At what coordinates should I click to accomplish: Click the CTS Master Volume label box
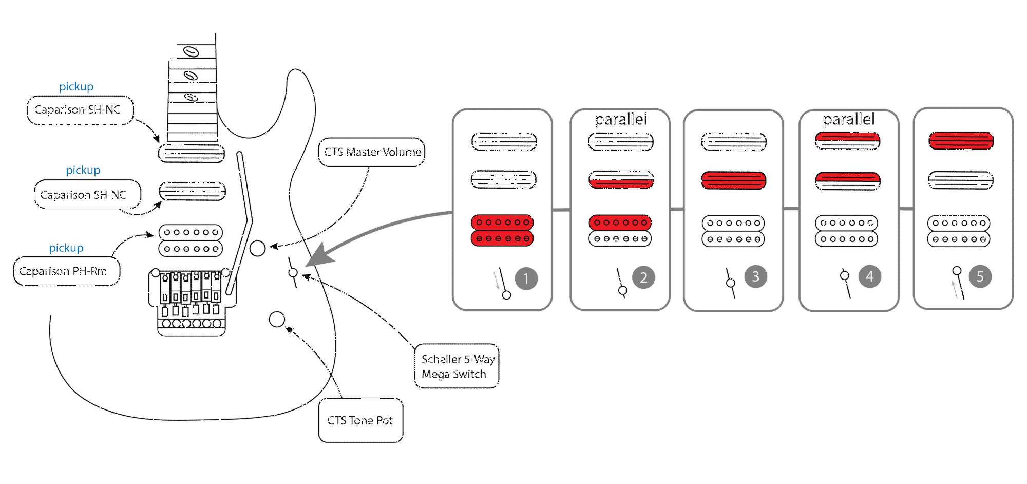(x=371, y=152)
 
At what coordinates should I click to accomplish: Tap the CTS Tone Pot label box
(x=360, y=420)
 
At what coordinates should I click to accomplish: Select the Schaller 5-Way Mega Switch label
(x=457, y=366)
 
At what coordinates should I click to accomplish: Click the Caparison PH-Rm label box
(x=66, y=271)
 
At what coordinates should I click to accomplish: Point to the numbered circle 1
(x=526, y=278)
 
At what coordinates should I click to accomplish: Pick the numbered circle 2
(x=643, y=277)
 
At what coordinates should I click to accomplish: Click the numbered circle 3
(x=755, y=276)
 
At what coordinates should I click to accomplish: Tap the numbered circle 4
(x=869, y=276)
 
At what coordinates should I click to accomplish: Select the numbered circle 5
(x=980, y=276)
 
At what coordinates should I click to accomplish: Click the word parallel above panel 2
(x=620, y=120)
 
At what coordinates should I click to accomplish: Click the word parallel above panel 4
(x=848, y=120)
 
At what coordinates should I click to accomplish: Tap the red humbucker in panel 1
(x=502, y=231)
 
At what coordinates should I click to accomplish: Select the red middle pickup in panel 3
(x=733, y=180)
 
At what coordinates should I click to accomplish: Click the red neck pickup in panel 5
(x=961, y=141)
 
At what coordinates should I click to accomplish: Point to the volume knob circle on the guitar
(x=257, y=248)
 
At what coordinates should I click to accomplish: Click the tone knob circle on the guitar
(x=277, y=319)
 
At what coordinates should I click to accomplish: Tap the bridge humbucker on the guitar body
(x=191, y=240)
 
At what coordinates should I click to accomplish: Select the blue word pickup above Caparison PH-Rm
(x=66, y=248)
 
